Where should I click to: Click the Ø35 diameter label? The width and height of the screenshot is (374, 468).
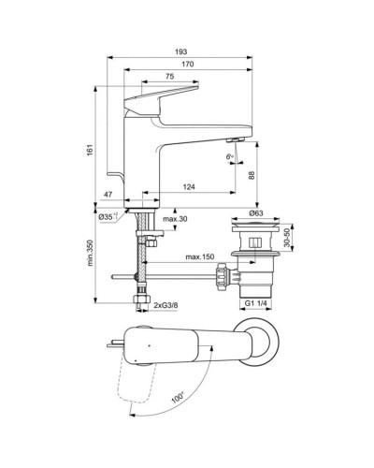[106, 217]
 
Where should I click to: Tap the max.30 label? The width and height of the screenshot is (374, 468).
[174, 219]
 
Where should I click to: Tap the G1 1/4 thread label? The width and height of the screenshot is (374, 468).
[255, 305]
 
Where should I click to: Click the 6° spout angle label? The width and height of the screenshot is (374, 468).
[230, 155]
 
